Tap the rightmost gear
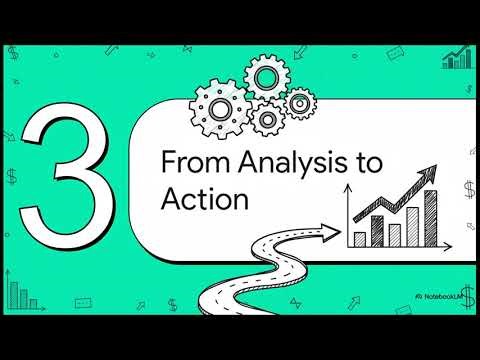[x=299, y=102]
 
